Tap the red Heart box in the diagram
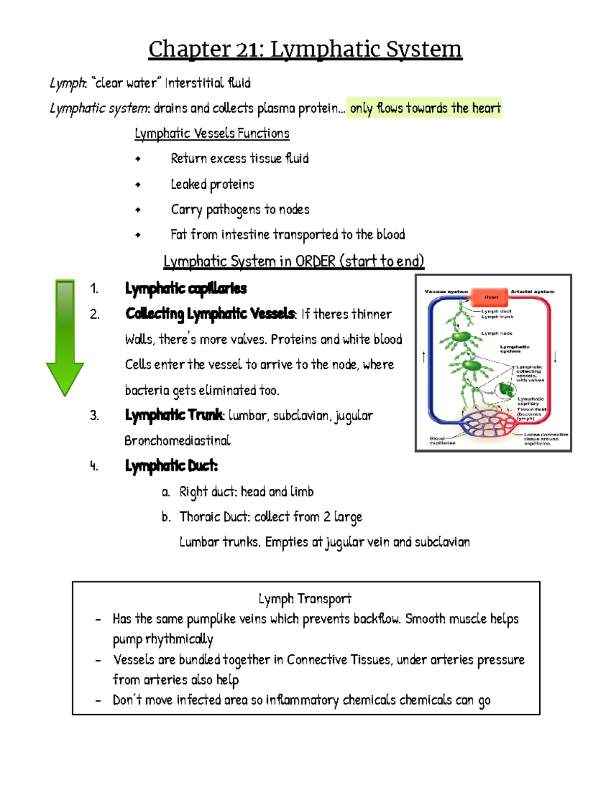491,297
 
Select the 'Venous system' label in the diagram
447,291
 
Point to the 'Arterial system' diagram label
533,291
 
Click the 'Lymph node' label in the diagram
497,333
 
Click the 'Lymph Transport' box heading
305,599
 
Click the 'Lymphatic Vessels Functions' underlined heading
212,133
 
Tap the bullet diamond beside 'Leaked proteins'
137,185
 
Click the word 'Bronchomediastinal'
177,441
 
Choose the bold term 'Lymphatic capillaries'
186,288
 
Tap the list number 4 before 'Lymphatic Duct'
94,466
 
